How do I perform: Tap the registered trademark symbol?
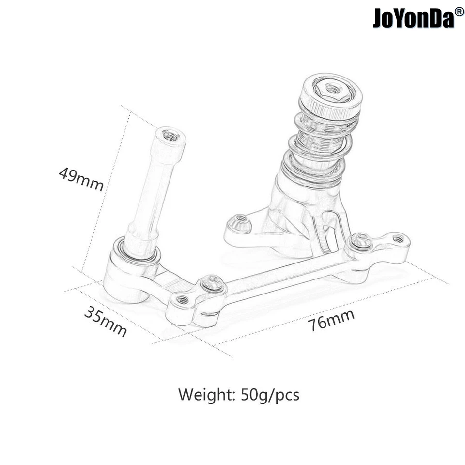point(459,11)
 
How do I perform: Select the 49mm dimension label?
point(81,179)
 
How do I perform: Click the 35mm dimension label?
point(106,321)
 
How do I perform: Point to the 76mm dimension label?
point(331,320)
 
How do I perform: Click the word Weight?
point(207,395)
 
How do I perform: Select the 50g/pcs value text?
point(270,395)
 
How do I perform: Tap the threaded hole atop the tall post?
point(170,137)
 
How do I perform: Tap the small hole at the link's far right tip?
point(399,238)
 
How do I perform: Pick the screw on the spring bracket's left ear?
point(241,221)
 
